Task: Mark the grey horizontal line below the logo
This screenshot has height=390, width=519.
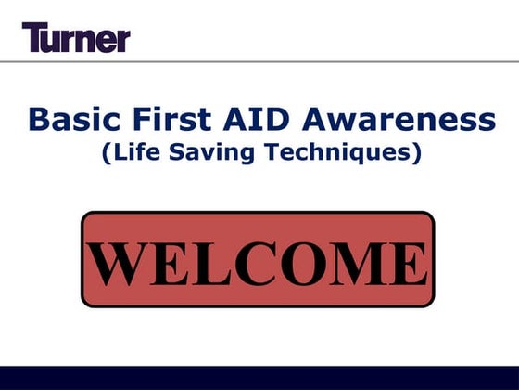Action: (259, 61)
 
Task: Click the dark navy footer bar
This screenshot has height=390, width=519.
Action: (259, 378)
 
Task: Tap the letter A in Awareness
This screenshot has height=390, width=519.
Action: (302, 120)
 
